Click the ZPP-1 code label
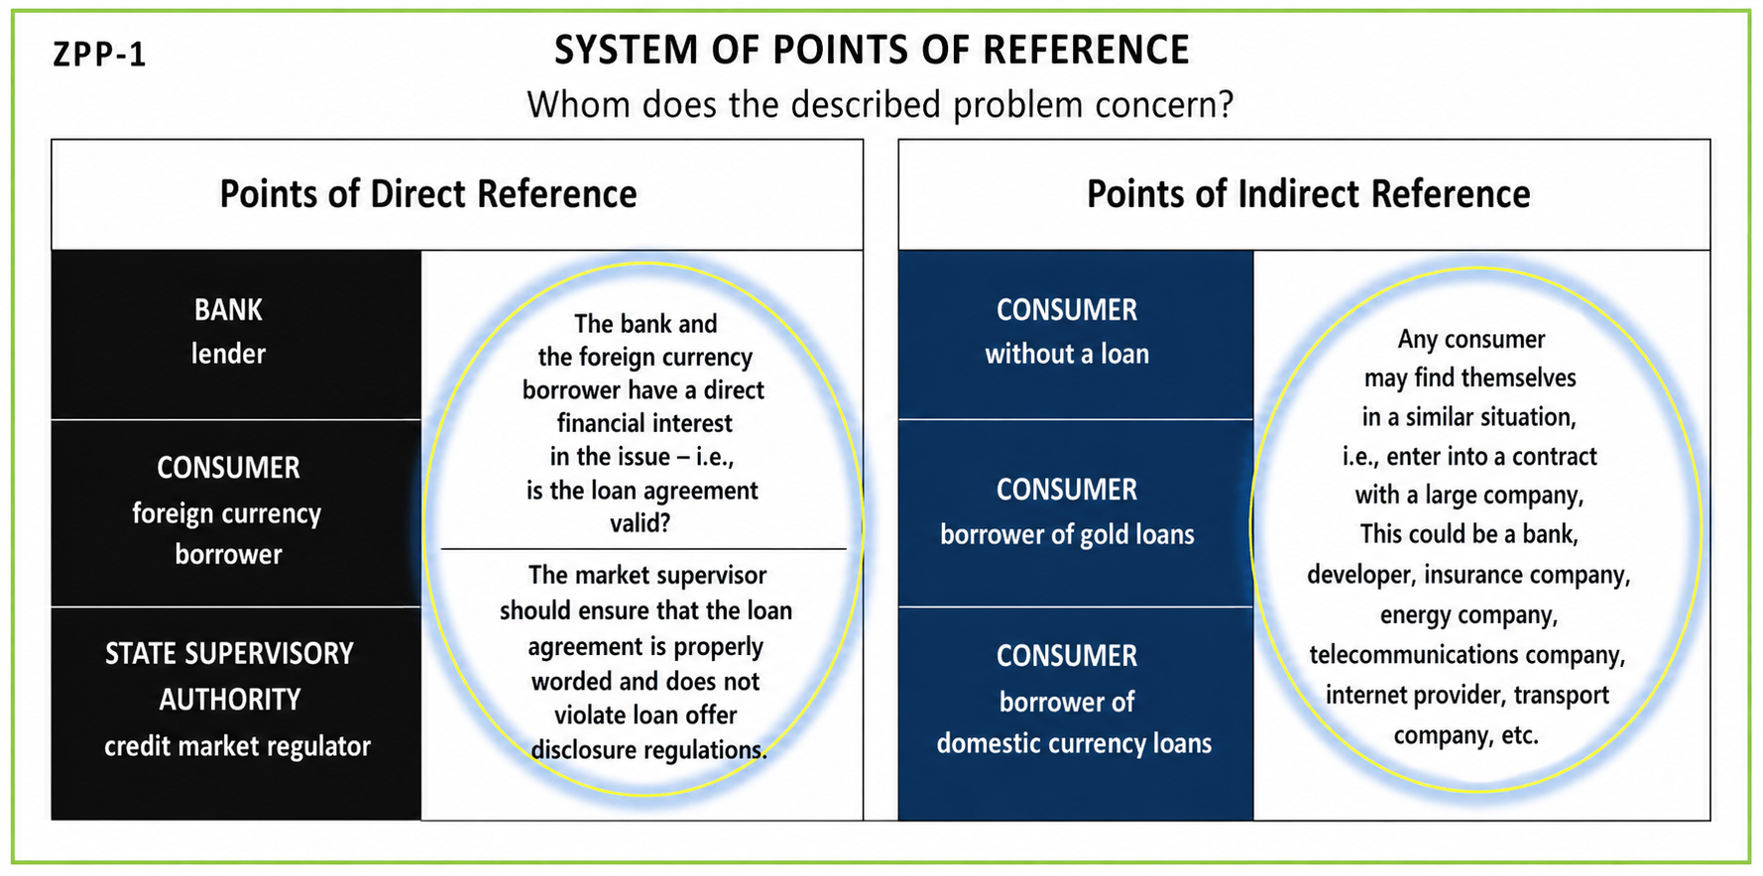tap(99, 54)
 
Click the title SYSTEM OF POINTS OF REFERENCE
tap(872, 51)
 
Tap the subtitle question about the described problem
tap(881, 104)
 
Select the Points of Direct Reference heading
tap(428, 194)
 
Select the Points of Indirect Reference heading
tap(1309, 194)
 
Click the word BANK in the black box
tap(228, 310)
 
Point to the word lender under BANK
tap(228, 354)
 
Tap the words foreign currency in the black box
tap(227, 513)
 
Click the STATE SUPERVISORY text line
tap(229, 654)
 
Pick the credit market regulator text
tap(237, 746)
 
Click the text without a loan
tap(1067, 354)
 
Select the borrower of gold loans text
tap(1067, 535)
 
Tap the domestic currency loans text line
tap(1074, 743)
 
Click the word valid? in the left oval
tap(640, 522)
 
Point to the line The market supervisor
tap(647, 576)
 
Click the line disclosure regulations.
tap(648, 750)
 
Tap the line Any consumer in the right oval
tap(1471, 340)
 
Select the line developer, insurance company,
tap(1469, 576)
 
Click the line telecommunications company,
tap(1468, 655)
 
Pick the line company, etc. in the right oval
tap(1466, 735)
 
